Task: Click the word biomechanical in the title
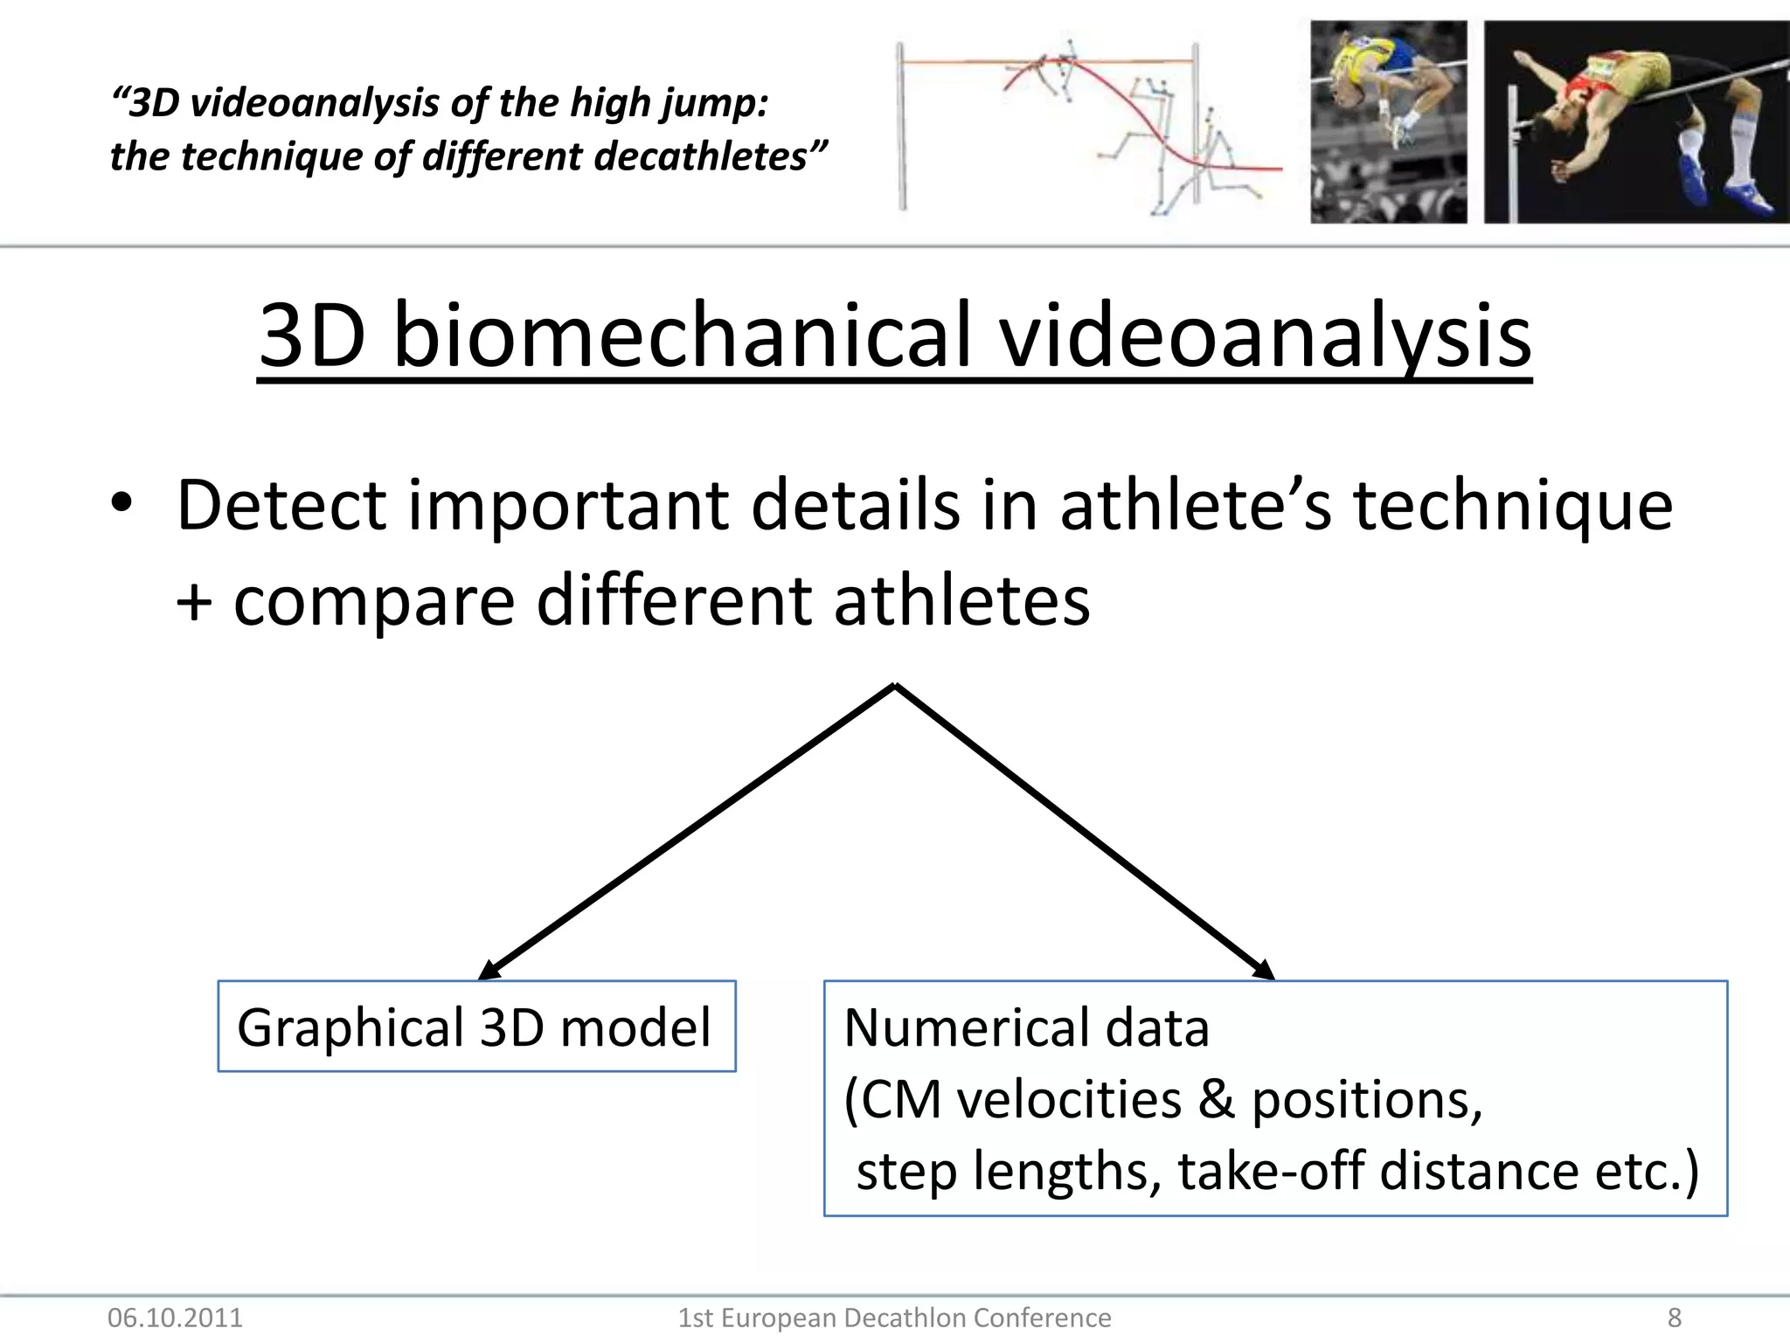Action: (x=682, y=337)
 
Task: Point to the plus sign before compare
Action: (x=193, y=603)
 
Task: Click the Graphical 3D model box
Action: (x=476, y=1027)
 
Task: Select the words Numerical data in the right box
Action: (x=1026, y=1027)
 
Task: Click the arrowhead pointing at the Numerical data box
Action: (x=1265, y=970)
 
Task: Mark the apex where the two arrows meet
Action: (x=896, y=686)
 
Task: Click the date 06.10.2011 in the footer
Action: (x=175, y=1318)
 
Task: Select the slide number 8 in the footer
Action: (x=1674, y=1318)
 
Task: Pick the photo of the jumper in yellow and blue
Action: (x=1388, y=122)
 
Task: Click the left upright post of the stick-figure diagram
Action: (x=901, y=127)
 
